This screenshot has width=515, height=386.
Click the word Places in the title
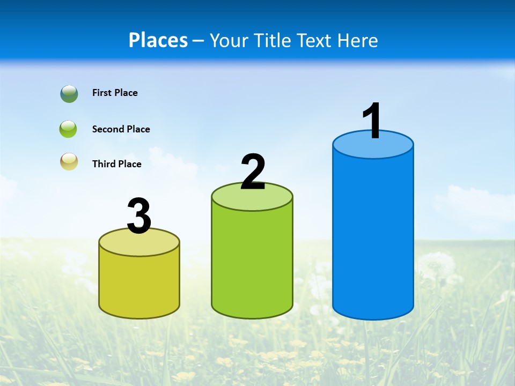[158, 40]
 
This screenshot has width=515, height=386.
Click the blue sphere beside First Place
[69, 93]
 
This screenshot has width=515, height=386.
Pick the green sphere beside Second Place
[68, 129]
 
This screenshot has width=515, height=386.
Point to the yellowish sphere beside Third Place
[69, 162]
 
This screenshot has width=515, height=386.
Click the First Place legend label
[115, 93]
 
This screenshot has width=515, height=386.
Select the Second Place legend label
[121, 129]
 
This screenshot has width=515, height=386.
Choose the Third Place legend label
[116, 164]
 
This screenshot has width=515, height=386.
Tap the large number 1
[373, 121]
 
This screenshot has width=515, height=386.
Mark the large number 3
[139, 216]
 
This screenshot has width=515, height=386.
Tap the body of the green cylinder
[252, 263]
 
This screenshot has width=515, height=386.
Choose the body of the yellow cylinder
[139, 284]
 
